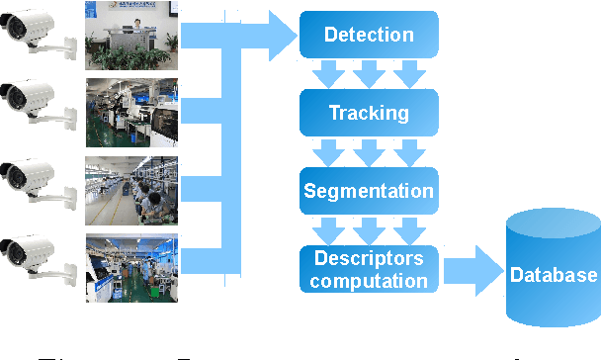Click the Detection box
click(x=369, y=36)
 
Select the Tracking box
click(x=369, y=112)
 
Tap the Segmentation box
click(x=369, y=190)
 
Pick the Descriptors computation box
click(x=369, y=269)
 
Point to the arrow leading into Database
click(x=472, y=270)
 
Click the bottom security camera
click(x=40, y=260)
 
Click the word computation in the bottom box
click(x=370, y=280)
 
